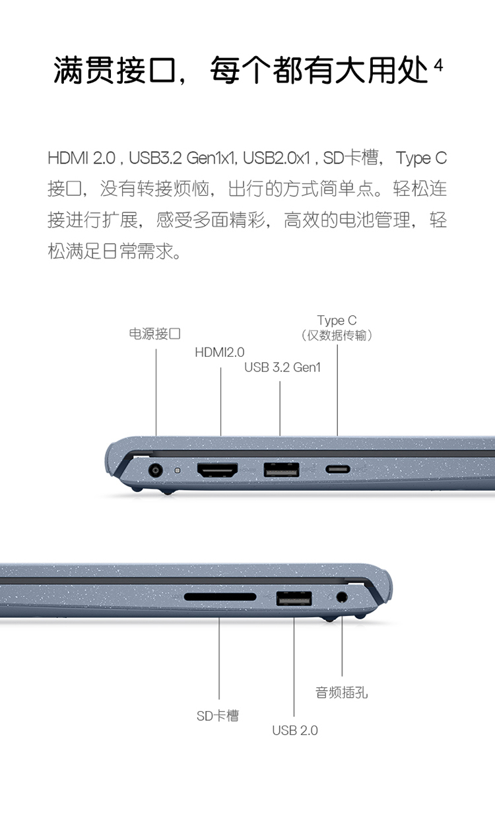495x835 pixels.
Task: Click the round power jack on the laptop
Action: click(x=155, y=470)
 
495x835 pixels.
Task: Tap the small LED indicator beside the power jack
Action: click(x=178, y=470)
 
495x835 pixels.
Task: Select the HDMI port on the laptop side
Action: click(x=218, y=470)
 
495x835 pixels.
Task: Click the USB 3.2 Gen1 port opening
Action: click(x=281, y=470)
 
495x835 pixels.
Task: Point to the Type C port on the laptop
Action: click(x=337, y=469)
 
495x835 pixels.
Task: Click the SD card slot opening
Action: click(x=220, y=597)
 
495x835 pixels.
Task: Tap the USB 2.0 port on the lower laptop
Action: click(x=294, y=598)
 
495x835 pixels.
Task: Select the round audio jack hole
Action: click(x=341, y=597)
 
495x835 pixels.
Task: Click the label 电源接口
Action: click(x=155, y=334)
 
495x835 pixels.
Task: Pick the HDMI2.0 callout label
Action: click(x=220, y=352)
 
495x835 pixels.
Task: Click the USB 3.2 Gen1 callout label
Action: click(x=282, y=367)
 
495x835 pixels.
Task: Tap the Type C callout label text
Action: click(x=337, y=320)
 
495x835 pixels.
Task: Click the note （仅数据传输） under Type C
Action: click(x=337, y=335)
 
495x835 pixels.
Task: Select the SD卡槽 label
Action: click(x=218, y=716)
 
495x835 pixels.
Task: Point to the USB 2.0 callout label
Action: click(x=295, y=730)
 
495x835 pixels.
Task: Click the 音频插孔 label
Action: click(x=342, y=693)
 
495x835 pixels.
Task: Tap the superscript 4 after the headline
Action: click(x=439, y=65)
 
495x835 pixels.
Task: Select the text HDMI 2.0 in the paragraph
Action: click(x=82, y=158)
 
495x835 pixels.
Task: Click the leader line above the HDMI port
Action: click(x=220, y=402)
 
